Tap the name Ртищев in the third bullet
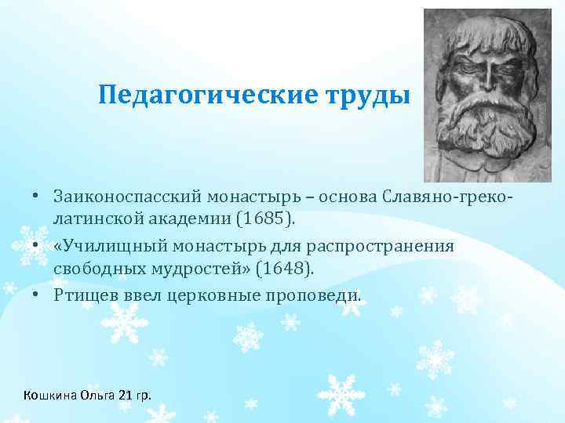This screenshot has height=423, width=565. pos(82,296)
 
